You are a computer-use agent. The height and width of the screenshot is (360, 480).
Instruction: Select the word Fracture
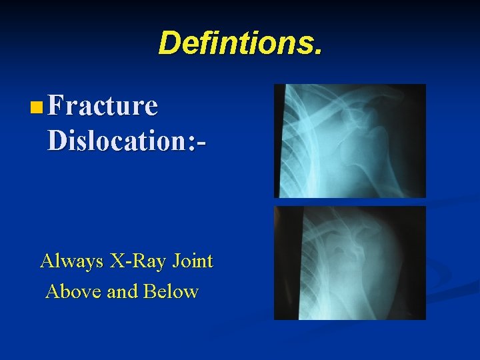click(103, 105)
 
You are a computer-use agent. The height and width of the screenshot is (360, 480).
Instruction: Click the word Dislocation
click(113, 140)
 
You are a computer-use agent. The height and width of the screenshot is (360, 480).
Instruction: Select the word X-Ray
click(131, 261)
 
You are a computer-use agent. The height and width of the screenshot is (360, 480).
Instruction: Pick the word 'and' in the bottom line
click(121, 291)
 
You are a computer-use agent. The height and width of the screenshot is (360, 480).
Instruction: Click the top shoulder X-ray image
click(350, 141)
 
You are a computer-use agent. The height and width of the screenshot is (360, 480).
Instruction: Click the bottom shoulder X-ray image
click(350, 263)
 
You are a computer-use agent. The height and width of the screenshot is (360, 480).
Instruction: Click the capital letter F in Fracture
click(57, 105)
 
